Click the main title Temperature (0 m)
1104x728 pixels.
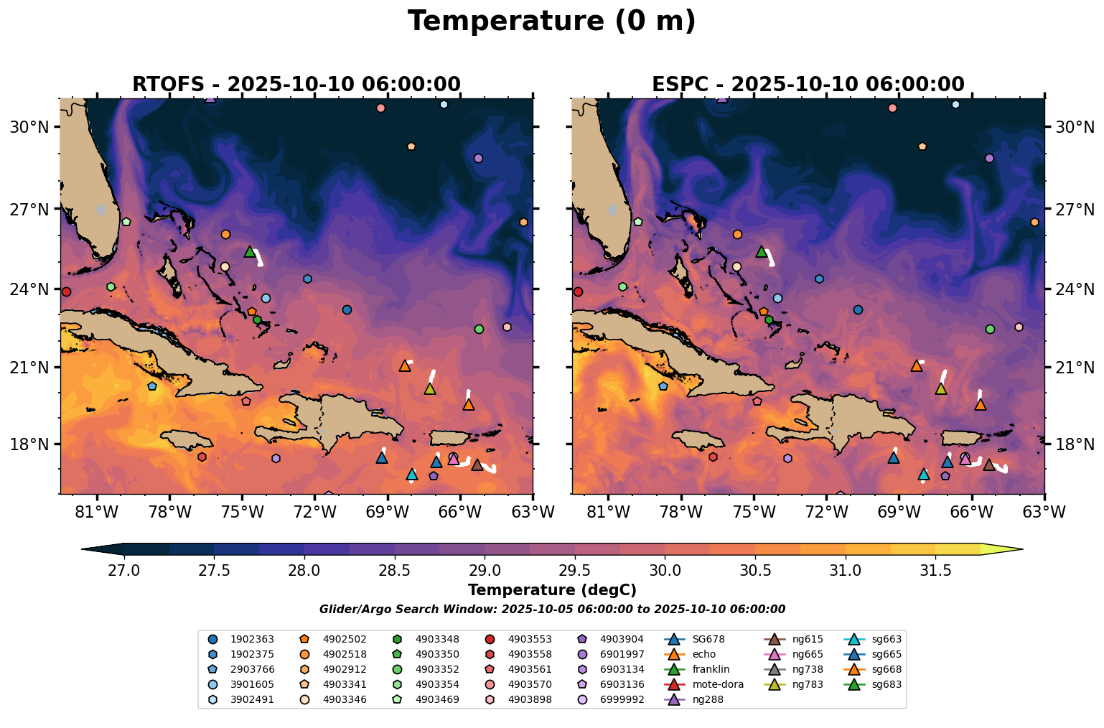pyautogui.click(x=551, y=22)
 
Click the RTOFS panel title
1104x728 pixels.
pyautogui.click(x=296, y=85)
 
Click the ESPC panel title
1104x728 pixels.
pyautogui.click(x=808, y=85)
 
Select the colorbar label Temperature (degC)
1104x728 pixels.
pyautogui.click(x=551, y=590)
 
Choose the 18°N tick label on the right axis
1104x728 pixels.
pyautogui.click(x=1074, y=444)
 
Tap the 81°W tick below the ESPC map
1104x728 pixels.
pyautogui.click(x=608, y=512)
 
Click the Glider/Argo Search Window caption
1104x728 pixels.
pyautogui.click(x=551, y=610)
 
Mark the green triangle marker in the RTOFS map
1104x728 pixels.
pyautogui.click(x=250, y=251)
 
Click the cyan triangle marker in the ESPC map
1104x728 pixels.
pyautogui.click(x=923, y=475)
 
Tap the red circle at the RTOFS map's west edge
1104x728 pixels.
pyautogui.click(x=66, y=291)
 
